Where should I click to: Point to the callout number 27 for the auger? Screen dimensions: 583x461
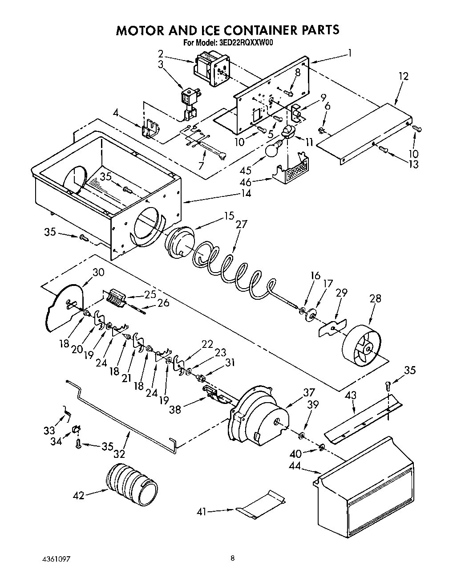click(241, 224)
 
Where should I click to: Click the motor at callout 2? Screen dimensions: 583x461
click(211, 68)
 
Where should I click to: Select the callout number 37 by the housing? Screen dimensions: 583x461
click(309, 392)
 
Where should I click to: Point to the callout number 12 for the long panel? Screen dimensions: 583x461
click(403, 76)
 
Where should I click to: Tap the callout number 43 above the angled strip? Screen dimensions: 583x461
click(351, 395)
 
